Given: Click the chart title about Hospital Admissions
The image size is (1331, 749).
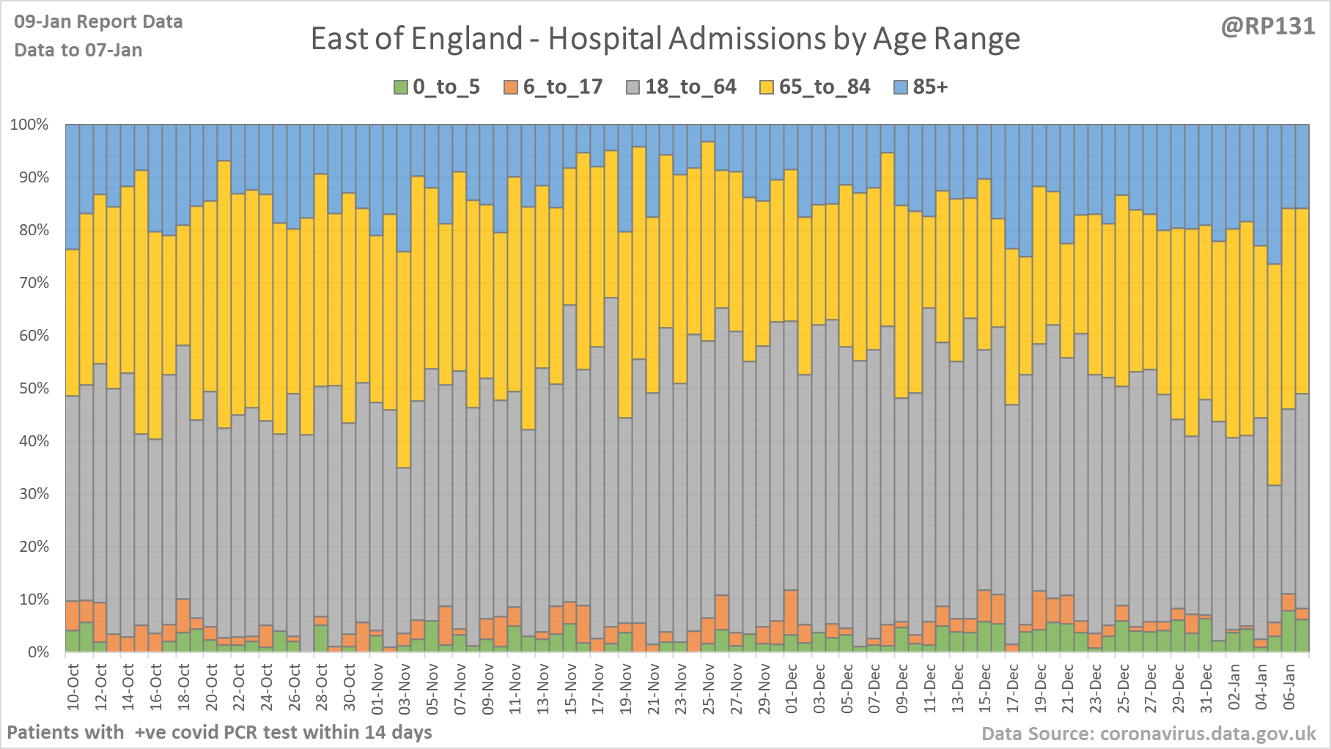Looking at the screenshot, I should [x=665, y=39].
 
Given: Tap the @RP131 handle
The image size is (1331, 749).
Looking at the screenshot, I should [x=1267, y=26].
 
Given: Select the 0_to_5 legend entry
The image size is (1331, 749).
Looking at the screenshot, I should [x=438, y=87].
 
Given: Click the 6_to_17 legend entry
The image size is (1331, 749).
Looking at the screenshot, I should [x=553, y=87].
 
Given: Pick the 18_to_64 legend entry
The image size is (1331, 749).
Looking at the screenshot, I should [x=681, y=87].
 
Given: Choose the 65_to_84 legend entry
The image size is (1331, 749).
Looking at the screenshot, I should [x=814, y=87].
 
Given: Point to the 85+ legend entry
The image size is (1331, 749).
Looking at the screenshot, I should [x=921, y=87].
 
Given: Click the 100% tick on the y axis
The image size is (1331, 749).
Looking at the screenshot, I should [x=29, y=125].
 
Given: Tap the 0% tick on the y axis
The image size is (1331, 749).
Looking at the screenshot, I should [x=37, y=652].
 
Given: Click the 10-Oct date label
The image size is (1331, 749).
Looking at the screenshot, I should [x=73, y=686].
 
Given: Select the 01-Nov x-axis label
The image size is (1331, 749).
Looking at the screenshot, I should [x=377, y=686].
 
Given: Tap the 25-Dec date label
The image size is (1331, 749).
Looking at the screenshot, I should [x=1124, y=686].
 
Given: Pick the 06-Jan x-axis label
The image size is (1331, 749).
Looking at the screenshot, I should [x=1289, y=686].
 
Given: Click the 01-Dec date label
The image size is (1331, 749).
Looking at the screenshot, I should [x=792, y=686].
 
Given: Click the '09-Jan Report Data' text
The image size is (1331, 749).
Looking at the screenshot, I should [x=98, y=22].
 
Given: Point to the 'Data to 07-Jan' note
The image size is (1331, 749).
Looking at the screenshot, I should [x=78, y=50].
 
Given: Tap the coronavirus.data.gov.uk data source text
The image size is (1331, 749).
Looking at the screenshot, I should [x=1149, y=734].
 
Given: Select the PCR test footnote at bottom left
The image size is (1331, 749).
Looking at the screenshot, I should [x=219, y=732].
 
